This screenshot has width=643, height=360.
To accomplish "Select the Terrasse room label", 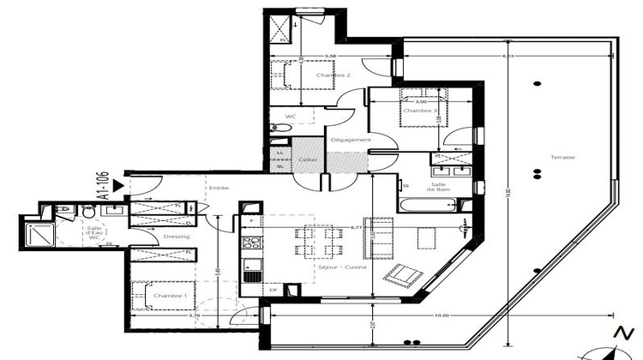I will tap(563, 158).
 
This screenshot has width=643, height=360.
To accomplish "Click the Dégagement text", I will tap(351, 140).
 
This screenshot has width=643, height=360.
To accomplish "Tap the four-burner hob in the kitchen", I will tap(251, 243).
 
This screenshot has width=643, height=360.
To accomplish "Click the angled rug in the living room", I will tap(401, 274).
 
